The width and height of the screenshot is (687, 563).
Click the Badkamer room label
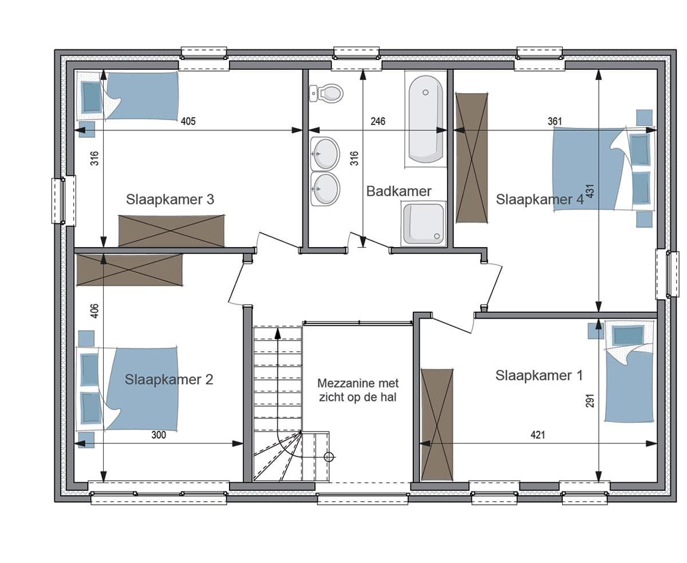398,191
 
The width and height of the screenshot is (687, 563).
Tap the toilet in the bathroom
326,93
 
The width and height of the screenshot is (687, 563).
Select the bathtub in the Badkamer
425,119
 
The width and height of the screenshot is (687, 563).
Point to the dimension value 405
188,121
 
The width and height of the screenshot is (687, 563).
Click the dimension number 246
378,121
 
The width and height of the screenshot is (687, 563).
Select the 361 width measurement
555,121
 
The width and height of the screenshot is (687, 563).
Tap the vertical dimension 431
590,191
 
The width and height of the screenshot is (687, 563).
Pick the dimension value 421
538,435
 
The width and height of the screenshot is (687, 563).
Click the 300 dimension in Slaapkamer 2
159,435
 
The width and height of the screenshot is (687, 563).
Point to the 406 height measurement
94,311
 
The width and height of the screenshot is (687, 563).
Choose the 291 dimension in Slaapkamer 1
590,401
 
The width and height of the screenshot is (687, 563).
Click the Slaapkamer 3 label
170,199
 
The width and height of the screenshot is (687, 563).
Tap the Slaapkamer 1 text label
539,375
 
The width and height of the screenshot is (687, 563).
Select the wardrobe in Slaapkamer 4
472,158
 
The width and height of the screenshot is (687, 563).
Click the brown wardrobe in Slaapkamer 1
437,425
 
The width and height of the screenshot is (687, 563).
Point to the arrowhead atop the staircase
278,333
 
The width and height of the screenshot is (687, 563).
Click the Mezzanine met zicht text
358,383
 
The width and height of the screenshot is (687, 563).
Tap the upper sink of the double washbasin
325,154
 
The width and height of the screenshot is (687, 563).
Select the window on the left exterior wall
64,201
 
